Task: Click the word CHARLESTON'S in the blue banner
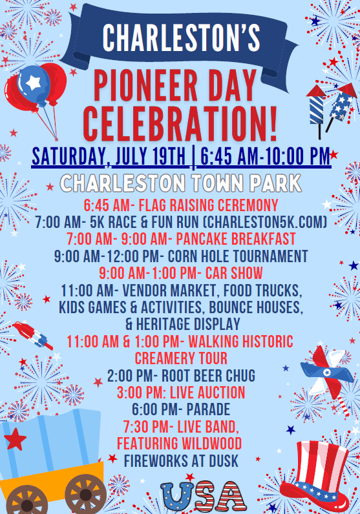(182, 37)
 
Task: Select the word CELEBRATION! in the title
(180, 124)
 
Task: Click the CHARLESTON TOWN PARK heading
(181, 183)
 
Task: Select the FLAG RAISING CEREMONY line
(181, 205)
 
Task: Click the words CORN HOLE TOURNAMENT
(238, 256)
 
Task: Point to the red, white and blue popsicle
(33, 334)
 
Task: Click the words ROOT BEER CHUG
(208, 376)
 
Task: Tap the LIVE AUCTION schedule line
(181, 393)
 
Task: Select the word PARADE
(208, 409)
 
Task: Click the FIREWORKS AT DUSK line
(181, 461)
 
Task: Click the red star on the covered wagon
(15, 438)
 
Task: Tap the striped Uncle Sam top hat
(315, 477)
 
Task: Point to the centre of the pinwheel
(327, 372)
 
